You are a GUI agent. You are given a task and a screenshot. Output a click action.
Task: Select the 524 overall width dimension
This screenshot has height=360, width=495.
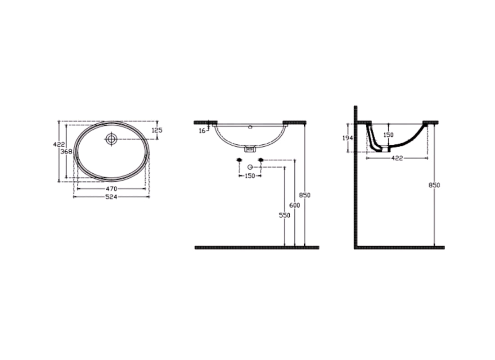(x=111, y=197)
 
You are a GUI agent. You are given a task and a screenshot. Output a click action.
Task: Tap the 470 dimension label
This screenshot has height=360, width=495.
(x=111, y=189)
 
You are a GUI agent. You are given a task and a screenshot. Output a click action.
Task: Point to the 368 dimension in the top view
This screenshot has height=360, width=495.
(x=67, y=152)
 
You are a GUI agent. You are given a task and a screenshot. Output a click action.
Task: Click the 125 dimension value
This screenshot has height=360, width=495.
(x=157, y=130)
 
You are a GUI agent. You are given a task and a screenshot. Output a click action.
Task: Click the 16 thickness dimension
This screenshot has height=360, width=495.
(x=202, y=130)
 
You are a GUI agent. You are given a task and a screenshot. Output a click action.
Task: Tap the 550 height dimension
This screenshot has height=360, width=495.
(x=284, y=216)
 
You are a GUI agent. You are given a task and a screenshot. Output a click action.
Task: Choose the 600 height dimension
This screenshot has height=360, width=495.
(x=295, y=205)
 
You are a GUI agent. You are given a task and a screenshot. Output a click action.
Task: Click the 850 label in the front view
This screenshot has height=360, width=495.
(x=306, y=195)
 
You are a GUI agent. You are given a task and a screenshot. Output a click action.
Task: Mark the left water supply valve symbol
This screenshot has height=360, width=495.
(x=239, y=160)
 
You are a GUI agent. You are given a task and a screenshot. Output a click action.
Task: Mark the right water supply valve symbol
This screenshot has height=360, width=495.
(x=260, y=160)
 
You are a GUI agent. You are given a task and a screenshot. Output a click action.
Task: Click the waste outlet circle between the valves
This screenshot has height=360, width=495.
(x=250, y=167)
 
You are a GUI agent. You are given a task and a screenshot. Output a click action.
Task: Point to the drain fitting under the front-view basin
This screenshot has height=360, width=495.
(x=250, y=148)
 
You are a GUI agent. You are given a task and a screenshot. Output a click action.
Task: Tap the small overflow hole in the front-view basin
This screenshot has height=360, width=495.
(x=250, y=127)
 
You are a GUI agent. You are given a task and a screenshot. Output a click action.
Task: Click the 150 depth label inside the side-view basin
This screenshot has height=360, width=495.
(x=388, y=135)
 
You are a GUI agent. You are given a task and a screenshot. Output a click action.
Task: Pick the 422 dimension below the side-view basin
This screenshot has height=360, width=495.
(x=396, y=158)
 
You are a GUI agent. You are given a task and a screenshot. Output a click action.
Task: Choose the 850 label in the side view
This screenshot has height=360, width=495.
(x=435, y=185)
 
